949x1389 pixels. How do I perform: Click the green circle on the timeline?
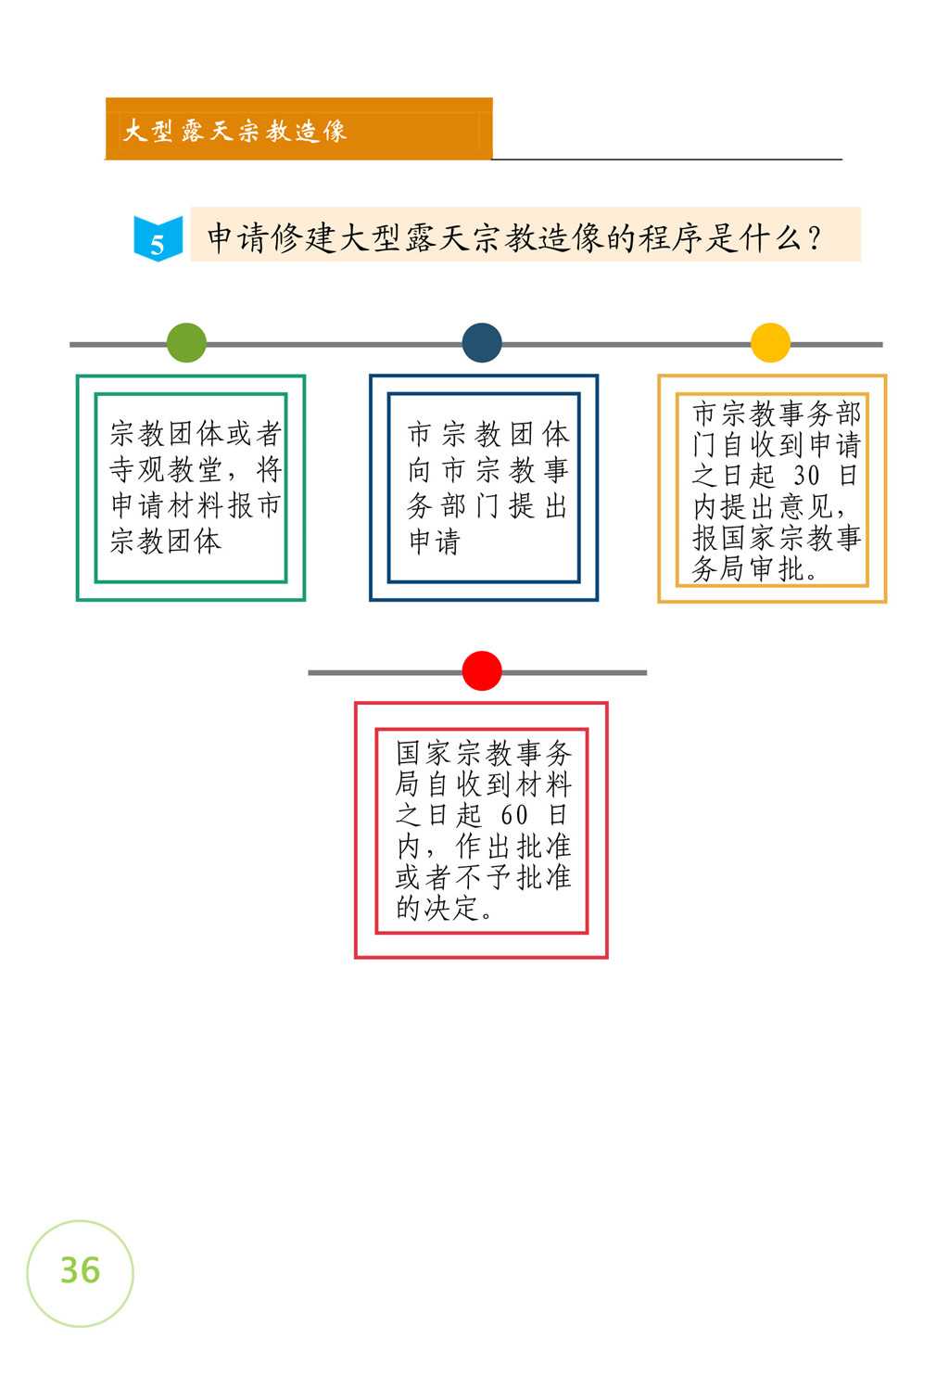[186, 342]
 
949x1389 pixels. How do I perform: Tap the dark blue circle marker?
[482, 342]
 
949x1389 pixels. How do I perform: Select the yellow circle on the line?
[770, 342]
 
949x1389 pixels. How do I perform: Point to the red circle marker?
[482, 670]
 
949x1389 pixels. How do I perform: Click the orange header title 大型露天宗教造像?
[234, 131]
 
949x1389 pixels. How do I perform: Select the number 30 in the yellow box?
[806, 476]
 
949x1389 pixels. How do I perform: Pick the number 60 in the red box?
[513, 815]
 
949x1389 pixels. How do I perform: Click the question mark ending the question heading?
[815, 238]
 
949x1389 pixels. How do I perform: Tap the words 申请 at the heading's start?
[237, 238]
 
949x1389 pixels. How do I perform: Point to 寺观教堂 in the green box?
[166, 469]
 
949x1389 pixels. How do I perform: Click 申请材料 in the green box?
[167, 505]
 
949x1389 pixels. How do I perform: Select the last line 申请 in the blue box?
[434, 542]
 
